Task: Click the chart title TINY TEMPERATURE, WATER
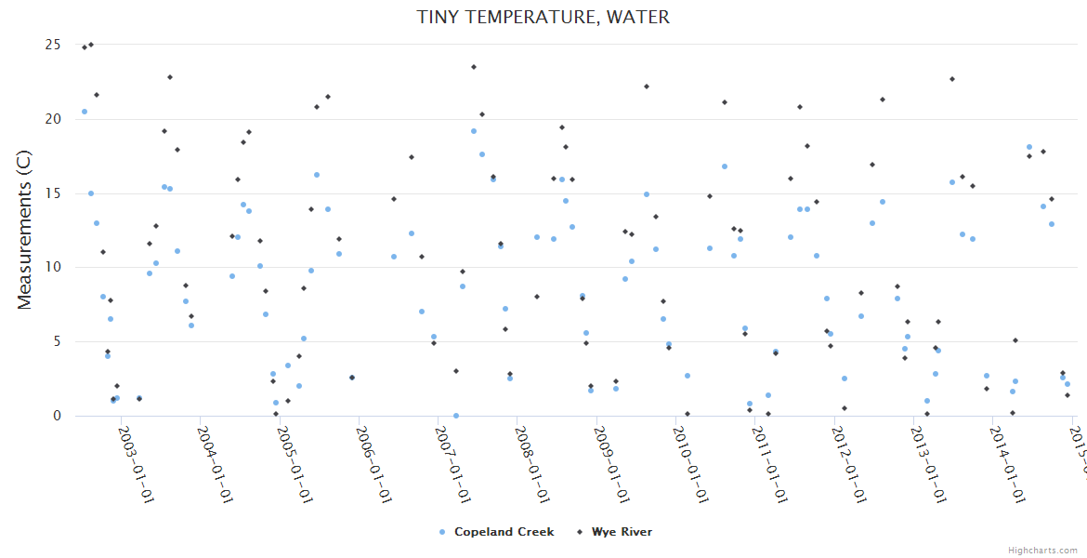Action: coord(543,18)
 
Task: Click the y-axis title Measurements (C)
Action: coord(25,231)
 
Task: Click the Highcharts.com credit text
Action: coord(1042,551)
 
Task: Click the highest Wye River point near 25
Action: coord(90,45)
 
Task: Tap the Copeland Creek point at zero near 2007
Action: coord(456,416)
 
